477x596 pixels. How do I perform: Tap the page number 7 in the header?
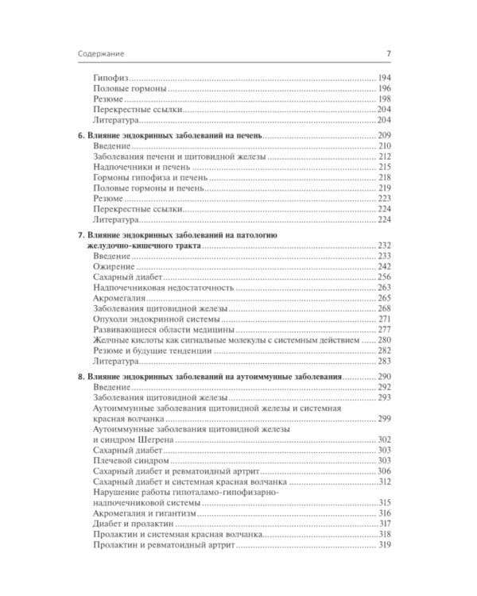pyautogui.click(x=387, y=54)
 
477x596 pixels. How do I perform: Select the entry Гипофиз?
pyautogui.click(x=111, y=80)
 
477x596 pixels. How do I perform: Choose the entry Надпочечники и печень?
pyautogui.click(x=134, y=168)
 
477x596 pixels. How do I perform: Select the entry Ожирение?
pyautogui.click(x=113, y=266)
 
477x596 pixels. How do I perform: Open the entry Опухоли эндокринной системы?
pyautogui.click(x=148, y=318)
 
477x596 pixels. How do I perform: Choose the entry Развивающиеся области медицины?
pyautogui.click(x=155, y=328)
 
